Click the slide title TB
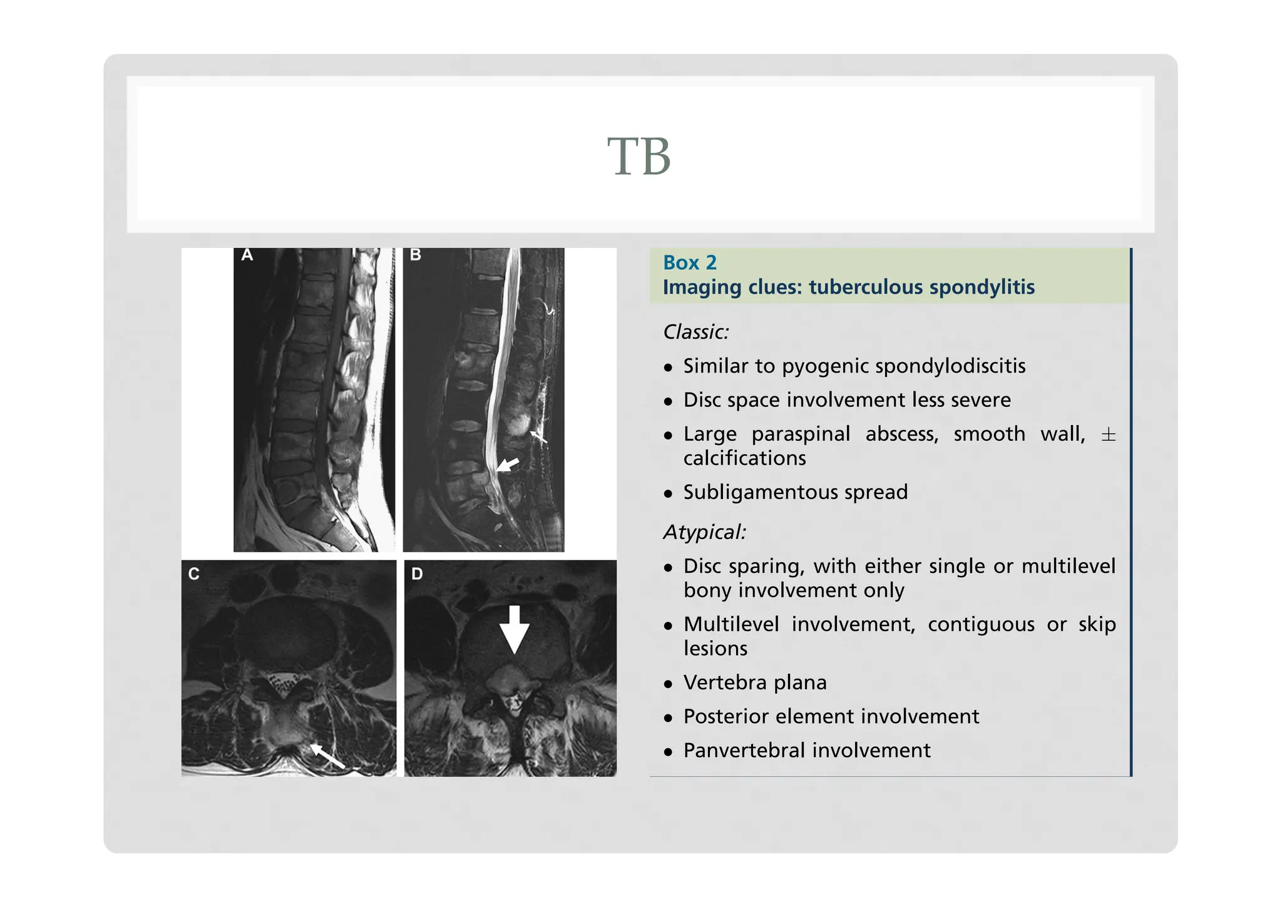[639, 157]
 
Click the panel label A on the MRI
[247, 255]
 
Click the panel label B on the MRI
[415, 255]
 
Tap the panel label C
[194, 574]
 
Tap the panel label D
[417, 574]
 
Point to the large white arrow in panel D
[514, 629]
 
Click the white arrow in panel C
[327, 756]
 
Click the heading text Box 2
[689, 262]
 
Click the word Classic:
[696, 331]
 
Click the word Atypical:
[704, 532]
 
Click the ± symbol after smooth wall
[1107, 435]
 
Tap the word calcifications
[744, 458]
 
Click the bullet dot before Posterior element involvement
[668, 718]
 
